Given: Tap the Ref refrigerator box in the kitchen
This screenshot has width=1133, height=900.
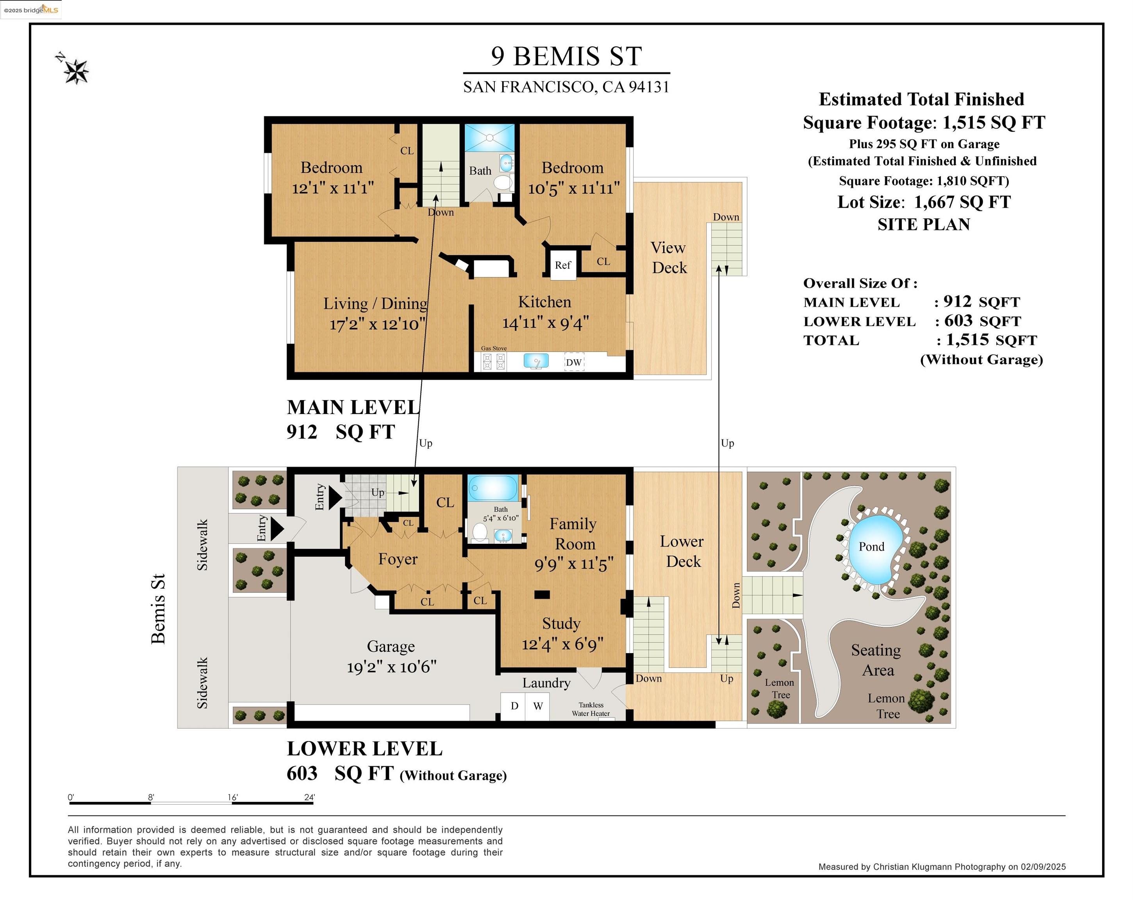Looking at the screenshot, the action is (x=563, y=264).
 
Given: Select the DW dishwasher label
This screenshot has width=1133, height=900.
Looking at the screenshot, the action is (x=574, y=362).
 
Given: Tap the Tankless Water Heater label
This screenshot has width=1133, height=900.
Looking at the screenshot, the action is (x=591, y=709).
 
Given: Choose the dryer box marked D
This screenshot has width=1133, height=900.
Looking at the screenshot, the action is (x=514, y=706).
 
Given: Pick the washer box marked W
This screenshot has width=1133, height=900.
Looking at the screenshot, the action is (x=537, y=706).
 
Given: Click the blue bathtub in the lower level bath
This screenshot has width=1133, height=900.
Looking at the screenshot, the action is (x=492, y=488).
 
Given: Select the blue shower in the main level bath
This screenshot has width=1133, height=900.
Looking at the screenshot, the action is (x=490, y=138).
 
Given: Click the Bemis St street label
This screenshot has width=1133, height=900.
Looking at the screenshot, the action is (x=158, y=609).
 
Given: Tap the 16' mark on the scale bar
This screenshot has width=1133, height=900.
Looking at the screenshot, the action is (x=232, y=797).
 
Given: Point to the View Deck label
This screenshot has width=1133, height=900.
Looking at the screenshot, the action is (x=669, y=257).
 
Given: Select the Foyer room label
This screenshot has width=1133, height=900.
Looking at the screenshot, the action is (x=398, y=559).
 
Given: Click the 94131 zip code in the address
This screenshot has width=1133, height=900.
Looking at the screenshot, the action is (x=649, y=87).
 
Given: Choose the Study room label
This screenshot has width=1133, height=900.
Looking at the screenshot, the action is (x=561, y=623).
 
